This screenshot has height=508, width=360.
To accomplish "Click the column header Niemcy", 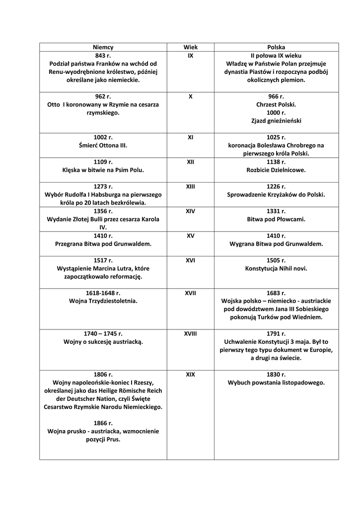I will point(103,47).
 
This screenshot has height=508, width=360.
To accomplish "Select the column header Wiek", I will point(190,47).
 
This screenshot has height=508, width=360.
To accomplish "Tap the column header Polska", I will point(276,47).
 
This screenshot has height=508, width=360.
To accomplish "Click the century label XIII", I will point(190,187).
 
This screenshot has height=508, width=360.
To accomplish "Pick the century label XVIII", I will point(190,334).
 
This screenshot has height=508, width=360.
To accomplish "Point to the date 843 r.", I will point(103,56).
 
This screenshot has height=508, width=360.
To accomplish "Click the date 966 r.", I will point(276,96).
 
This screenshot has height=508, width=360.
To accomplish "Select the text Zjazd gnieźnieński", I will point(276,121).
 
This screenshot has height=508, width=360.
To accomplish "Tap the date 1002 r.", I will point(103,137).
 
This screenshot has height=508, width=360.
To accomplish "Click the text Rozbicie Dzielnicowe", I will point(276,170).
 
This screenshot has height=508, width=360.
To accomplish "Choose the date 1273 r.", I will point(103,187).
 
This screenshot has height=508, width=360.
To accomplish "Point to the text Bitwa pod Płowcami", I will point(276,219).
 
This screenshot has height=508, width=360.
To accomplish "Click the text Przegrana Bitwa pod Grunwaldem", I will point(103,244).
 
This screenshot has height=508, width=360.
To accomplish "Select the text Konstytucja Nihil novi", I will point(276,268).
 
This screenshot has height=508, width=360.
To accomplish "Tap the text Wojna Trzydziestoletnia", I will point(103,301).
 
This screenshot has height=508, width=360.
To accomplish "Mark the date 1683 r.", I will point(276,293).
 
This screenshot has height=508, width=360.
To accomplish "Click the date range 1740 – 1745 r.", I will point(103,334).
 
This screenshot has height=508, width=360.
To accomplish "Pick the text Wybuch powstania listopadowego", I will point(276,382).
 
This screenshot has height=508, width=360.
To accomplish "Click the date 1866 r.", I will point(103,423).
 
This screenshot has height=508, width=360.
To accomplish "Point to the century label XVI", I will point(190,260).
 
